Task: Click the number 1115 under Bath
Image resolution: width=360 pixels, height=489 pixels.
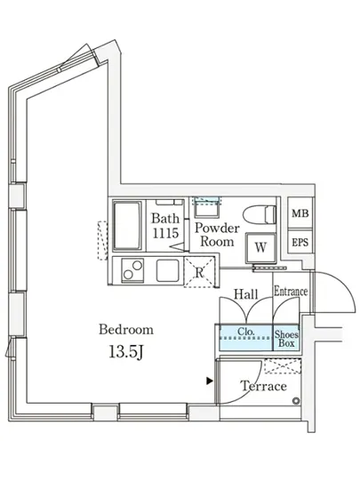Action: click(x=165, y=232)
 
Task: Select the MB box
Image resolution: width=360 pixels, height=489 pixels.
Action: click(x=300, y=214)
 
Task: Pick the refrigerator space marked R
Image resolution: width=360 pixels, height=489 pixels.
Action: click(x=201, y=272)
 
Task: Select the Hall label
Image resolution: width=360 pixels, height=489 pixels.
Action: click(x=245, y=293)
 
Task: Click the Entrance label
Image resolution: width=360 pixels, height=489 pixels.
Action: click(x=290, y=292)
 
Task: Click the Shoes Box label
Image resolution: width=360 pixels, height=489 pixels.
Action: click(x=287, y=339)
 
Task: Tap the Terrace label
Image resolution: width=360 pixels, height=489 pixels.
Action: click(x=263, y=387)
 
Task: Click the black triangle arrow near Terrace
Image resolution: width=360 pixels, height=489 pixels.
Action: click(x=209, y=381)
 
